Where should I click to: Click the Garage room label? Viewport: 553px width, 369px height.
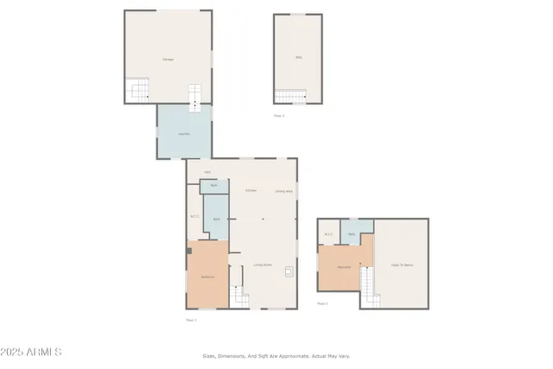click(x=168, y=59)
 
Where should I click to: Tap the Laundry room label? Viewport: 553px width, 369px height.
click(x=184, y=134)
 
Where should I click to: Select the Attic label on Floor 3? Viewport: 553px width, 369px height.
click(x=298, y=58)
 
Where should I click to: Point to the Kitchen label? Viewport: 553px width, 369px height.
click(x=251, y=190)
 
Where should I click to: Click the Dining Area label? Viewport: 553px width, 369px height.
click(x=283, y=191)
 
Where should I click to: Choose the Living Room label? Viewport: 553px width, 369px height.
click(x=263, y=264)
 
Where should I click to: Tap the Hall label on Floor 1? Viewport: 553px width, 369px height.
click(x=207, y=172)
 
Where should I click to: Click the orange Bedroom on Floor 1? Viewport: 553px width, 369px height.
click(x=207, y=277)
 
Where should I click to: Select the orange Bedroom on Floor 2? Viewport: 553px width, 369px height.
click(x=344, y=266)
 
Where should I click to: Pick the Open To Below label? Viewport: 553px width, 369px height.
click(x=402, y=264)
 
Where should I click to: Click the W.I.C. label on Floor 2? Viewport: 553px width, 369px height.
click(x=329, y=234)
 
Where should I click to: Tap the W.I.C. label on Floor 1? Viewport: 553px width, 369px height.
click(x=194, y=216)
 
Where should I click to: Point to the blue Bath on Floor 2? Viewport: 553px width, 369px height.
click(x=353, y=234)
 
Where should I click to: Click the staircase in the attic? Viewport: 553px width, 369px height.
click(x=290, y=96)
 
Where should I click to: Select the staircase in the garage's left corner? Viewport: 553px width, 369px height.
click(x=138, y=89)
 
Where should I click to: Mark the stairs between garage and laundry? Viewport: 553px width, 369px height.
click(x=195, y=96)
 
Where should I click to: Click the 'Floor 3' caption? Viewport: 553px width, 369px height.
click(x=279, y=116)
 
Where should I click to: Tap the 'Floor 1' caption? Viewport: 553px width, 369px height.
click(x=191, y=320)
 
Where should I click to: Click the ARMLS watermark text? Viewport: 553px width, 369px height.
click(x=32, y=352)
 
